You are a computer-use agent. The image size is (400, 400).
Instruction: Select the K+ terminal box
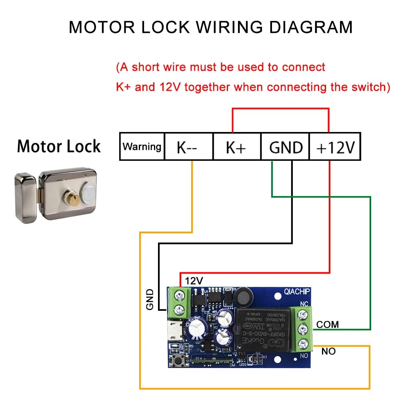[236, 147]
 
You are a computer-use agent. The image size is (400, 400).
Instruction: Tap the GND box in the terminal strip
[286, 147]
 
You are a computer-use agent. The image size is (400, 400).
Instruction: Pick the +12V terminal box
[335, 147]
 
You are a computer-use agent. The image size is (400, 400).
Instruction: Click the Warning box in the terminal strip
[142, 147]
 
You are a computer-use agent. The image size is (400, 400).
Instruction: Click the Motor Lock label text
[59, 146]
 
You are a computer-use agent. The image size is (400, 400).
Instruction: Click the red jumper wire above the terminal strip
[280, 109]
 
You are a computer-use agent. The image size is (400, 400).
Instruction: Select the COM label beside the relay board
[327, 324]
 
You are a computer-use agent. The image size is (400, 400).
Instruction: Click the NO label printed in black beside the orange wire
[328, 351]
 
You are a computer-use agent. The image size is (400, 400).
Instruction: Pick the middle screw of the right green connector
[304, 328]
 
